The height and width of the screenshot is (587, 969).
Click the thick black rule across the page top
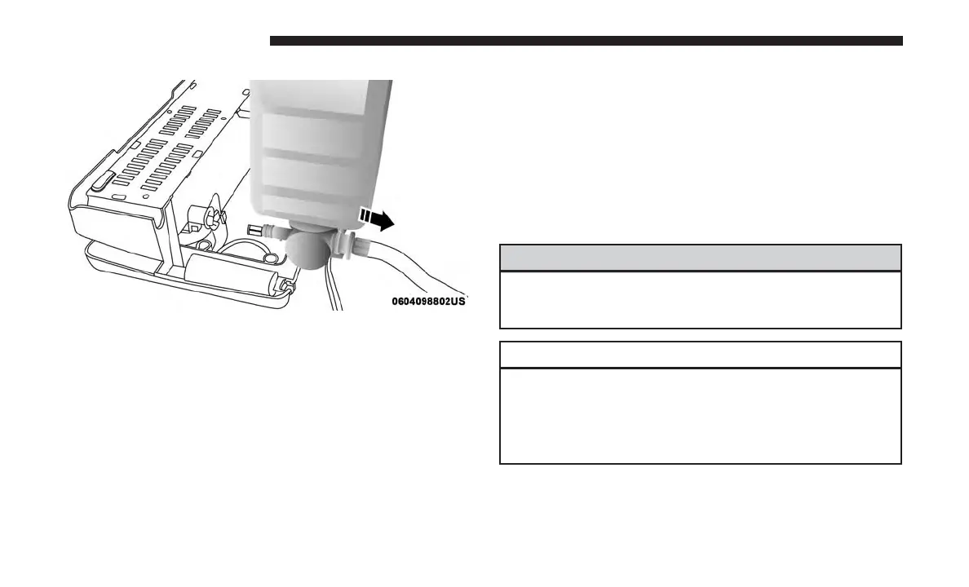click(x=586, y=41)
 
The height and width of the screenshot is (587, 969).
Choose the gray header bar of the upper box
click(x=700, y=258)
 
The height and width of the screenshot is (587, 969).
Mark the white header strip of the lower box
click(x=700, y=355)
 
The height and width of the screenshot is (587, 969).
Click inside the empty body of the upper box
click(x=700, y=299)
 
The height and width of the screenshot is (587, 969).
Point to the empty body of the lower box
click(x=700, y=416)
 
